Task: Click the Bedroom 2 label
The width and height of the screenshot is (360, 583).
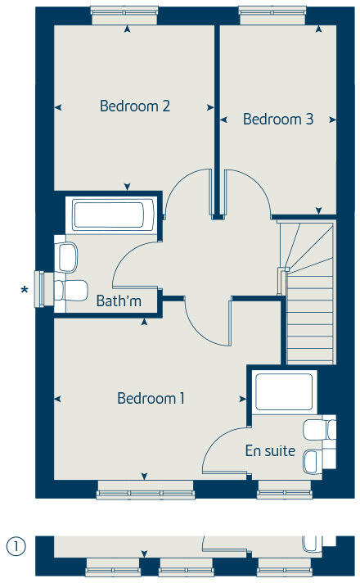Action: tap(135, 106)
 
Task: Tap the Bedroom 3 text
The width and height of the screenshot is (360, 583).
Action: tap(278, 119)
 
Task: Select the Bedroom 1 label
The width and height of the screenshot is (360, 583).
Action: tap(151, 398)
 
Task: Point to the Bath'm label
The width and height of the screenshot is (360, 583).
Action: tap(119, 301)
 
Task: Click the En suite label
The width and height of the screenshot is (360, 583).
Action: tap(270, 450)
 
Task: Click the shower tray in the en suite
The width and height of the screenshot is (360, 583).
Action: tap(284, 392)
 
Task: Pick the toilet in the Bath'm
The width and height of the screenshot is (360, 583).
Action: tap(71, 289)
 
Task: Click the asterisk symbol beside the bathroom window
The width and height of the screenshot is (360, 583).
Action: tap(25, 289)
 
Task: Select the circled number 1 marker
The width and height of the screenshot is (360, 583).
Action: tap(14, 545)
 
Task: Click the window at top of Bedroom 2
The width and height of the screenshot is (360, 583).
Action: tap(126, 11)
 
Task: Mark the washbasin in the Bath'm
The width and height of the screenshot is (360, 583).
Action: tap(68, 256)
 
